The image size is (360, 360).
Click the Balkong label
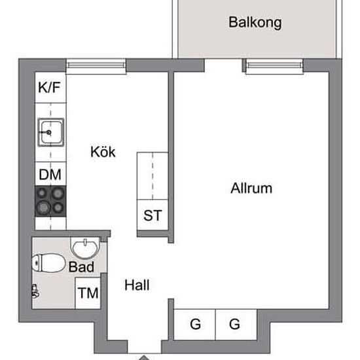tap(255, 23)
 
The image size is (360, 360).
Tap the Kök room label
tap(103, 152)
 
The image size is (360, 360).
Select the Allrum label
tap(251, 189)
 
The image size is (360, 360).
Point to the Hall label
tap(137, 285)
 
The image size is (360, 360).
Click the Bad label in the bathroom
tap(81, 267)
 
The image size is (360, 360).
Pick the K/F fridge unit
tap(50, 88)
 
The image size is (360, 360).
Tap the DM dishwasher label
tap(50, 175)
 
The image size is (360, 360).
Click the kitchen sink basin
tap(51, 132)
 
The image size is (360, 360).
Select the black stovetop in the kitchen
tap(50, 202)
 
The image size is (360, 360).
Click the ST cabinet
tap(153, 215)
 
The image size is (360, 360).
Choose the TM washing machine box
tap(88, 293)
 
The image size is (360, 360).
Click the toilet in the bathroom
tap(48, 263)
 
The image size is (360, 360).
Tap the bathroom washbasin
tap(85, 248)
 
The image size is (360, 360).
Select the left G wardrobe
tap(194, 324)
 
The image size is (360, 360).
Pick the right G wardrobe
tap(236, 324)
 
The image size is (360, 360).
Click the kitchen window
tap(96, 66)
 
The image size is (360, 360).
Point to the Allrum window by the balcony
tap(275, 66)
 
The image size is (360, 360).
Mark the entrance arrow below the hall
tap(144, 357)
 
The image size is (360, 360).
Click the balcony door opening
tap(223, 65)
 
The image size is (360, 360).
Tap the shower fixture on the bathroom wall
tap(35, 291)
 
